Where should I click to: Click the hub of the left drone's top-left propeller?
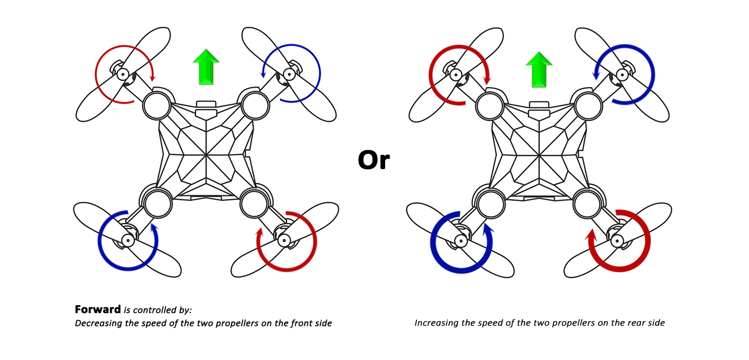(x=122, y=74)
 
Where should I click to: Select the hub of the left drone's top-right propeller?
(x=289, y=74)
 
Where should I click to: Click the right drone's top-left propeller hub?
(x=455, y=75)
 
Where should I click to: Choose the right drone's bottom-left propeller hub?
(x=461, y=240)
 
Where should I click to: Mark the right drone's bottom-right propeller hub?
(x=617, y=240)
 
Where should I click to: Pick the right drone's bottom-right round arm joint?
(x=588, y=204)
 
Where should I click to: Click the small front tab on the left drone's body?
(x=206, y=105)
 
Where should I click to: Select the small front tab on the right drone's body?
(x=539, y=105)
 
